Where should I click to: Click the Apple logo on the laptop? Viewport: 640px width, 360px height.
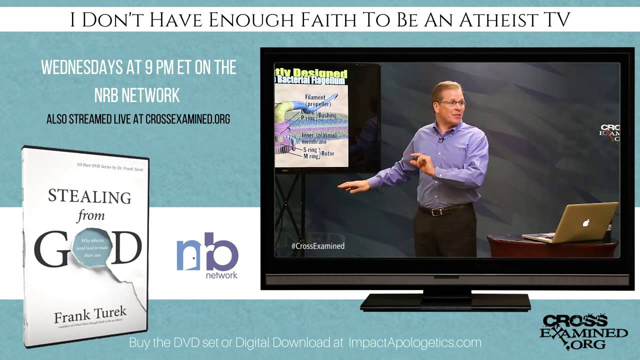click(585, 222)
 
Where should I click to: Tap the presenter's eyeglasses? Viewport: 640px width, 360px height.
click(451, 103)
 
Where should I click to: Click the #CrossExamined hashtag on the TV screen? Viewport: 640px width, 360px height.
click(317, 246)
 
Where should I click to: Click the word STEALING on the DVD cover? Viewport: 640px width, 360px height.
click(89, 196)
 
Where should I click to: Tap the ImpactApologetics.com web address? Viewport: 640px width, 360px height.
click(414, 343)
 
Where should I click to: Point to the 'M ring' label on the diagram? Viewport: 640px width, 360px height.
click(311, 156)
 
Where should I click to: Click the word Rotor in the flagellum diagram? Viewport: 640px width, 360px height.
click(327, 153)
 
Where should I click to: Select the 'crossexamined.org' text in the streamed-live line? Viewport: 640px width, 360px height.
click(187, 119)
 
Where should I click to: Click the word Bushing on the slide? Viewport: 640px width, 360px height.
click(327, 115)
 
